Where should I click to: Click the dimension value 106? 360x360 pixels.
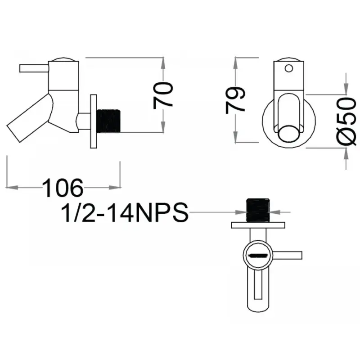[63, 188]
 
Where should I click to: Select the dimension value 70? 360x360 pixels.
[163, 95]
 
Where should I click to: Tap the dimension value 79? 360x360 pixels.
[235, 100]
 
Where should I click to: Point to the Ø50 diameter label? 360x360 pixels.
[346, 121]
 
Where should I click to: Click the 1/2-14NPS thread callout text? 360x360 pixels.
[125, 212]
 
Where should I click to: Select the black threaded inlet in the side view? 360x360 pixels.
[108, 121]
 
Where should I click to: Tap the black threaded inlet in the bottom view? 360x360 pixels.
[258, 210]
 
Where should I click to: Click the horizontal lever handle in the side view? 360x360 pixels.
[34, 68]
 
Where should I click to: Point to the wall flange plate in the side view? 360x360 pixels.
[94, 121]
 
